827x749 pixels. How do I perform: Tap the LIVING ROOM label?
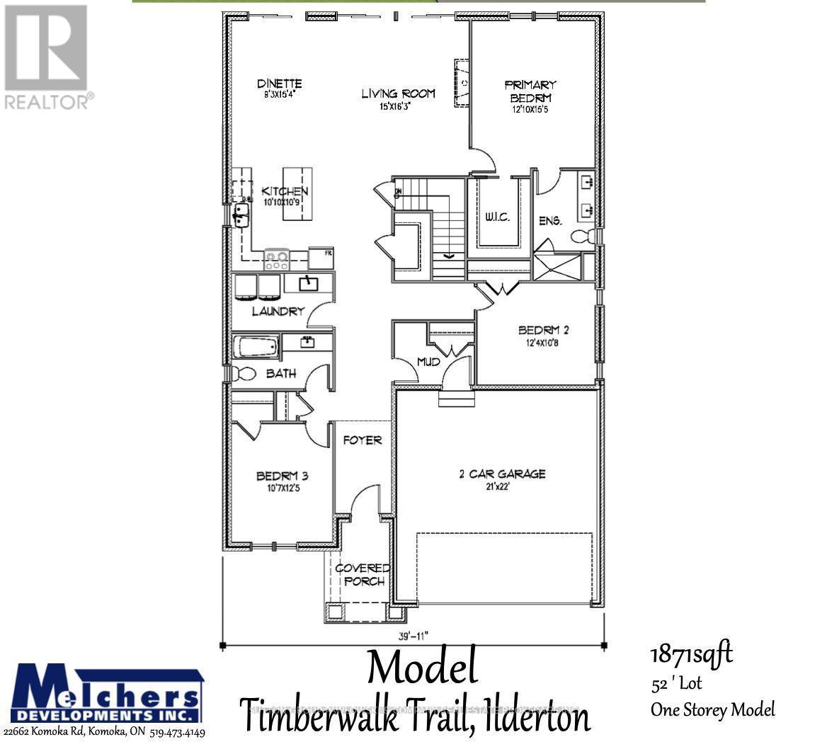pos(398,93)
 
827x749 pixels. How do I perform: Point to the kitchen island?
pos(297,193)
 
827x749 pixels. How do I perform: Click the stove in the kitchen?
pos(276,258)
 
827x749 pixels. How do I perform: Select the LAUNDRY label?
pos(278,311)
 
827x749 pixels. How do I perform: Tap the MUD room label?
pos(428,362)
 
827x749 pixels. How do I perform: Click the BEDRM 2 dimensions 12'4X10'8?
pos(544,343)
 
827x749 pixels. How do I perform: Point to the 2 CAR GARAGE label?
pos(502,474)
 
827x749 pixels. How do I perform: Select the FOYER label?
pos(363,440)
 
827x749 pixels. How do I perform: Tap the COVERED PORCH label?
pos(363,574)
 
